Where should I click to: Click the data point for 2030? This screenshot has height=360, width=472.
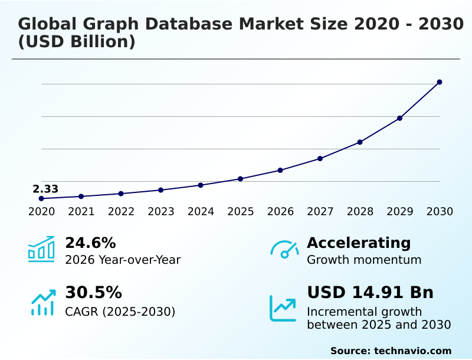coord(440,82)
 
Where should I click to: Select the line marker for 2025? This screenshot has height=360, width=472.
coord(240,179)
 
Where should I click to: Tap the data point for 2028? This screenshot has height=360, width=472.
coord(360,142)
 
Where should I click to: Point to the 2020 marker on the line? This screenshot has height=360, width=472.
coord(41,199)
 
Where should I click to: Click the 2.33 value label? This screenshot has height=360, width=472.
coord(45,189)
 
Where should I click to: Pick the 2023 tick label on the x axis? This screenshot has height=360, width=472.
coord(160,212)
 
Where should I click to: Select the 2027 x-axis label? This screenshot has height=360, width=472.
coord(320,212)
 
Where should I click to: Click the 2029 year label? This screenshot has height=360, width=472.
coord(399,212)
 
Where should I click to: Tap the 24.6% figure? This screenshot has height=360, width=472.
coord(90,243)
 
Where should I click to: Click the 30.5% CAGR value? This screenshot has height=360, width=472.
coord(93,293)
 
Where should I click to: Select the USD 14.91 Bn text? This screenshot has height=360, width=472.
coord(370,293)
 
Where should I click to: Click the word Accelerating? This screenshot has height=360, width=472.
coord(359,243)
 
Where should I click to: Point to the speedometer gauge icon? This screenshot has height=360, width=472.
coord(284,250)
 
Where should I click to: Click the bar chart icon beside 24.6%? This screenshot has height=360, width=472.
coord(41,250)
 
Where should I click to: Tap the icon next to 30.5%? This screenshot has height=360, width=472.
coord(42,302)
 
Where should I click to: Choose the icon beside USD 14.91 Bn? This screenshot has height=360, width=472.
coord(283,308)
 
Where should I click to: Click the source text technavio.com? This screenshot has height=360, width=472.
coord(412,351)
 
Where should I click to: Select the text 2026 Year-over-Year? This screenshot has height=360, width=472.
coord(123,260)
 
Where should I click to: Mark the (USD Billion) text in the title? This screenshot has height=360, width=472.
coord(77,42)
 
